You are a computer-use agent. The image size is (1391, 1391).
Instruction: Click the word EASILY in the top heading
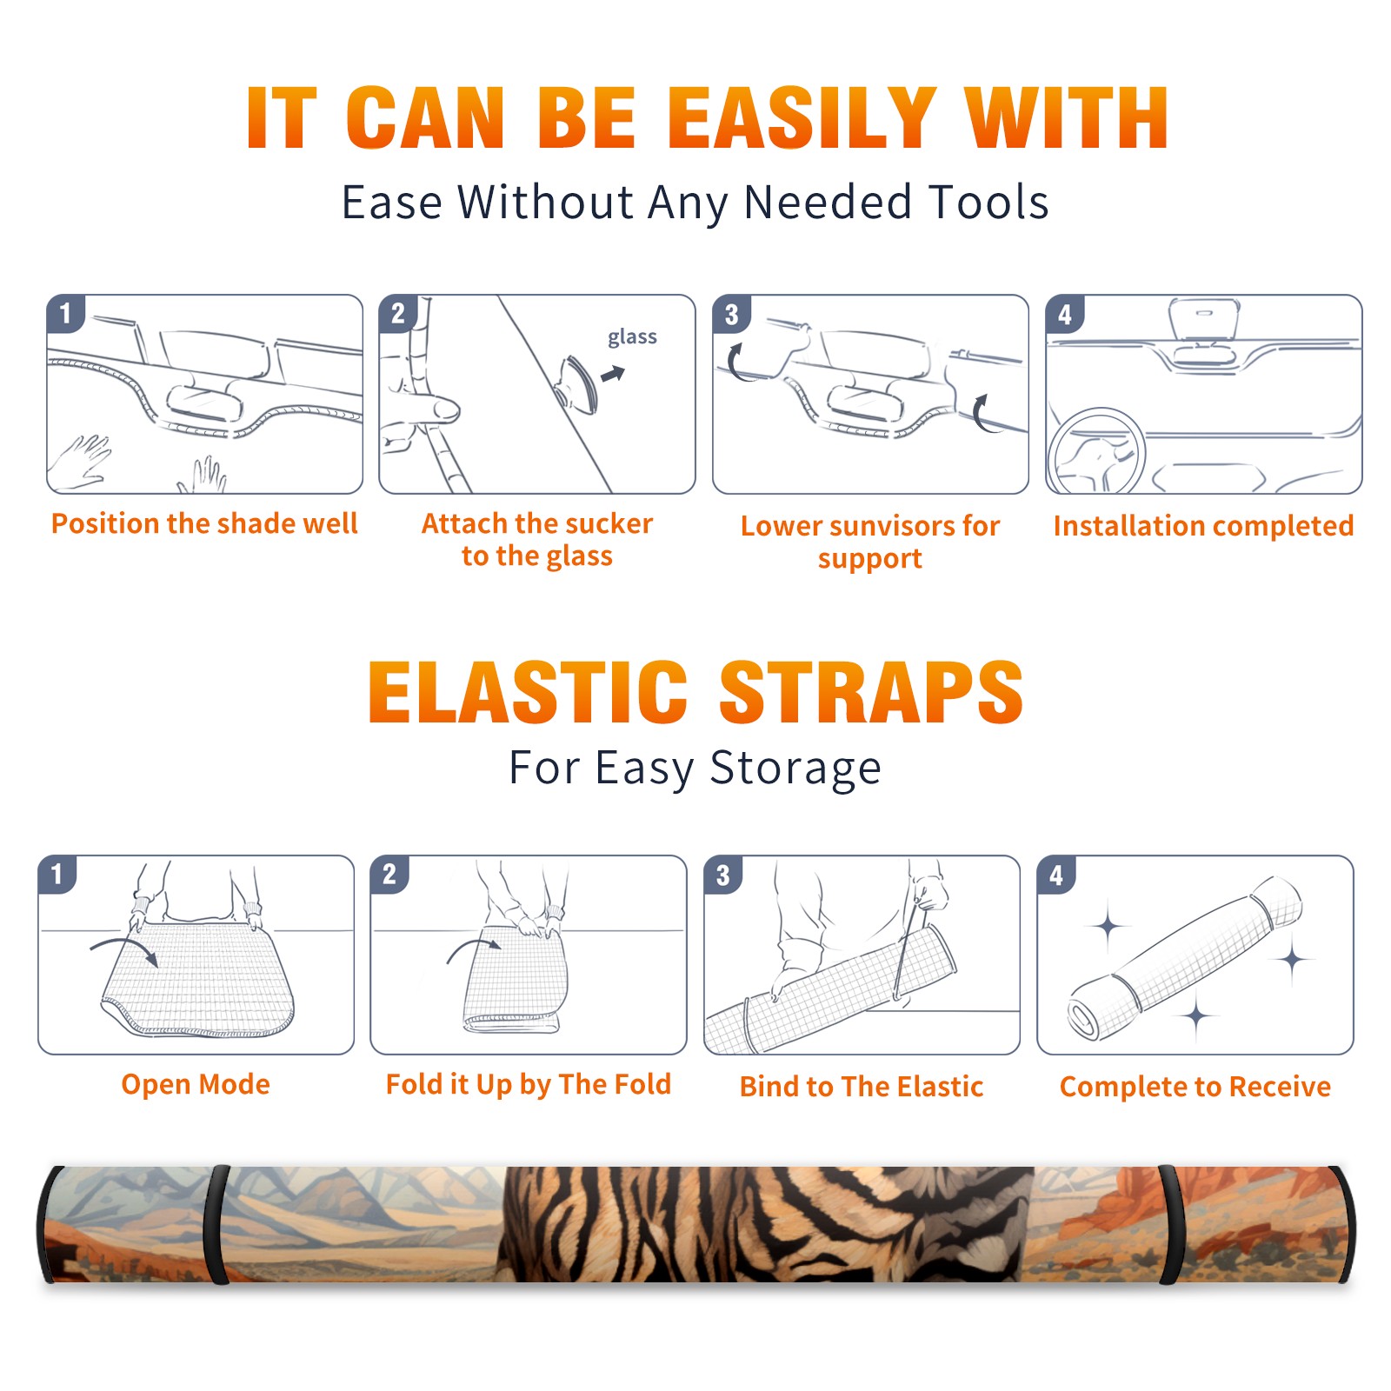(802, 118)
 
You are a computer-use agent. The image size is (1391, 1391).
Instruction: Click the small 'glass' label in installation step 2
(632, 337)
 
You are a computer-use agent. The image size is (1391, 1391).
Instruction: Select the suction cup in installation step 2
(577, 383)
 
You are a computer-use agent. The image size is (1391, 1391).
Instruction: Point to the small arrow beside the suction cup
(614, 374)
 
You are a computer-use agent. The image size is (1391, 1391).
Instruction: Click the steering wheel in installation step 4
(1096, 451)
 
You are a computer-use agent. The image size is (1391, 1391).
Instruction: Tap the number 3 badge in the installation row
(731, 314)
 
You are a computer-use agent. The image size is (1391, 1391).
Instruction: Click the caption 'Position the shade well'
(204, 523)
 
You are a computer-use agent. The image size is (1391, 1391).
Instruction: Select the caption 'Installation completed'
(1203, 525)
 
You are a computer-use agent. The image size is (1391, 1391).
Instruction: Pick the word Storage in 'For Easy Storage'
(795, 769)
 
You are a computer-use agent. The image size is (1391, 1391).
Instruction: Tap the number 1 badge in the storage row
(57, 874)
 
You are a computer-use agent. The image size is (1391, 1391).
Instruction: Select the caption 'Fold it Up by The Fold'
(529, 1084)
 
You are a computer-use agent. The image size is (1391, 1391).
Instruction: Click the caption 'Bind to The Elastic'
(862, 1087)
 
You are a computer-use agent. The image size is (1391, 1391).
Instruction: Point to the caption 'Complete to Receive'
(1195, 1087)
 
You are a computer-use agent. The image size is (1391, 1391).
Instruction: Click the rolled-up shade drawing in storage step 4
(1185, 958)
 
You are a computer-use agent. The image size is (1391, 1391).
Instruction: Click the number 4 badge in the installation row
(1065, 314)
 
